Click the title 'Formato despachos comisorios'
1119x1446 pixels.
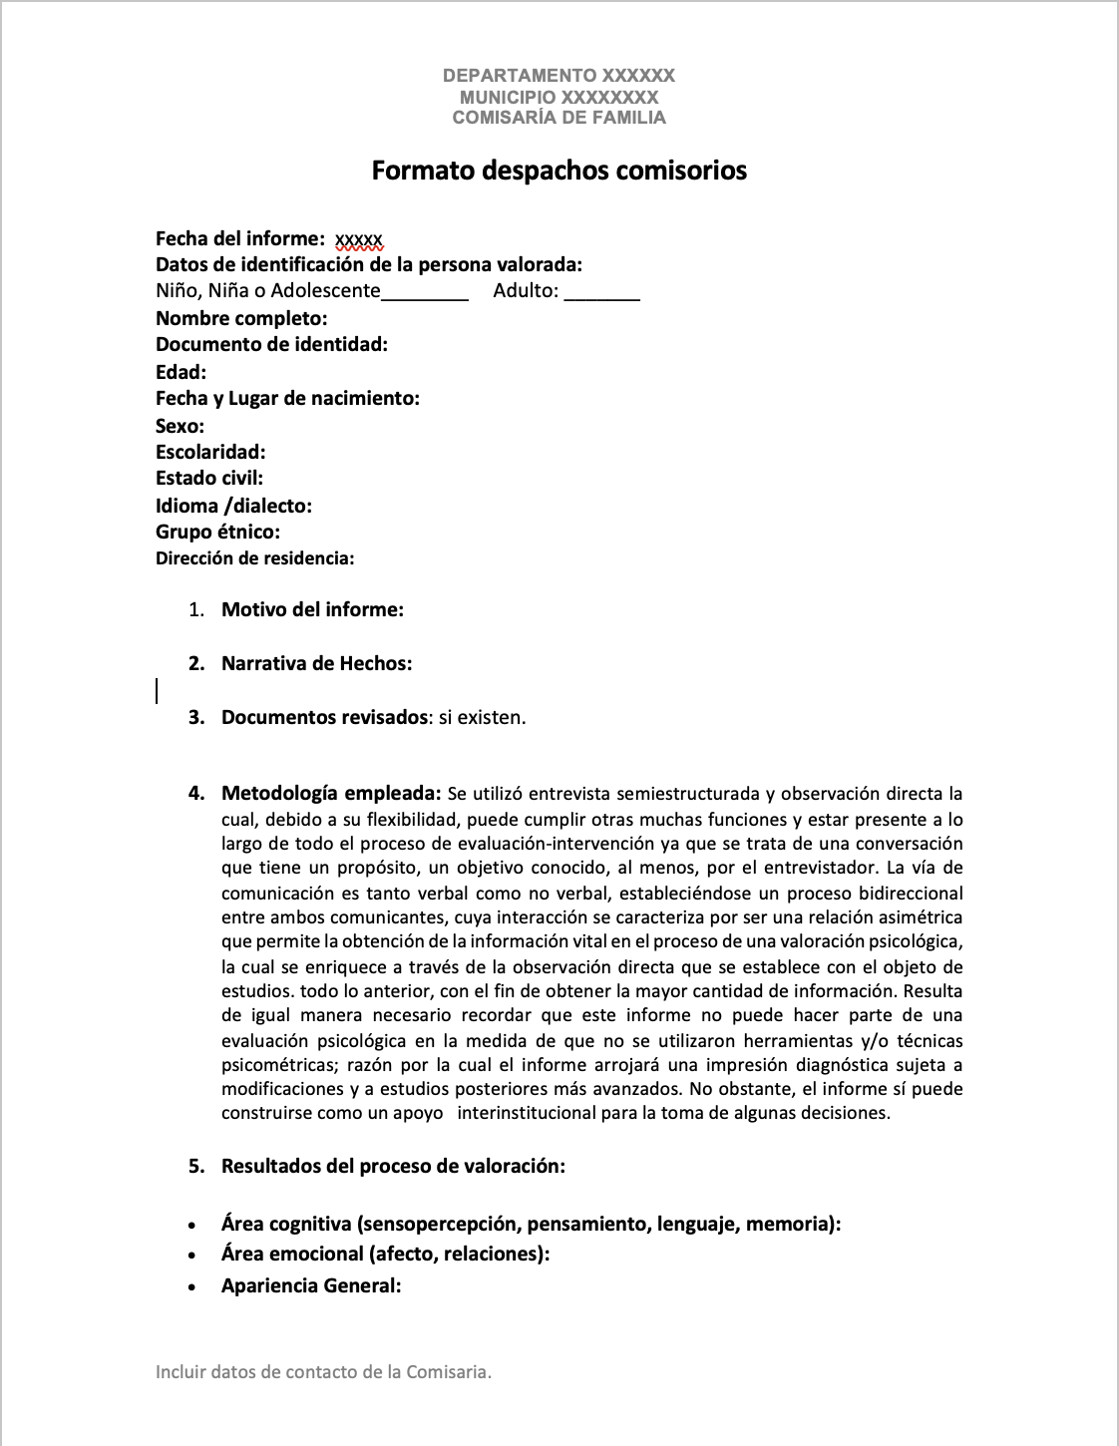559,171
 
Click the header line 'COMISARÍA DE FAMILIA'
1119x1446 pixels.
559,118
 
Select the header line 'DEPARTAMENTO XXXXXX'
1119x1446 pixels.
559,76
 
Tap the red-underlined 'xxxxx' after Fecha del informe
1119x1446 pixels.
359,239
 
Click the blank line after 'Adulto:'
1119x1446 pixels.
602,292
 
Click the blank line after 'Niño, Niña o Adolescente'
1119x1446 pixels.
425,292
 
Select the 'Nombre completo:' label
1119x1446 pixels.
241,319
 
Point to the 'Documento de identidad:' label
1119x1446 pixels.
271,345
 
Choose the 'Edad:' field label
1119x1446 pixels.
181,372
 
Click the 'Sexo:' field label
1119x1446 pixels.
180,426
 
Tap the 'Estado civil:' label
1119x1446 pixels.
209,479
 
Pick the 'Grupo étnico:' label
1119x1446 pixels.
217,532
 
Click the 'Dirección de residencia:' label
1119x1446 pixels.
255,558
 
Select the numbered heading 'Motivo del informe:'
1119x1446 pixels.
312,609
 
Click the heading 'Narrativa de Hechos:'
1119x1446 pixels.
316,663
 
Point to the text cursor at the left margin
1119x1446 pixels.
157,690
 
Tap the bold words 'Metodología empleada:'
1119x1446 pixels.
331,794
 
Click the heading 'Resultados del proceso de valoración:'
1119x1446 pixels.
393,1166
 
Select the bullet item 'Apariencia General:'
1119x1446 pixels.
311,1285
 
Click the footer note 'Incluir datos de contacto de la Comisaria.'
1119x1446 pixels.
324,1372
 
